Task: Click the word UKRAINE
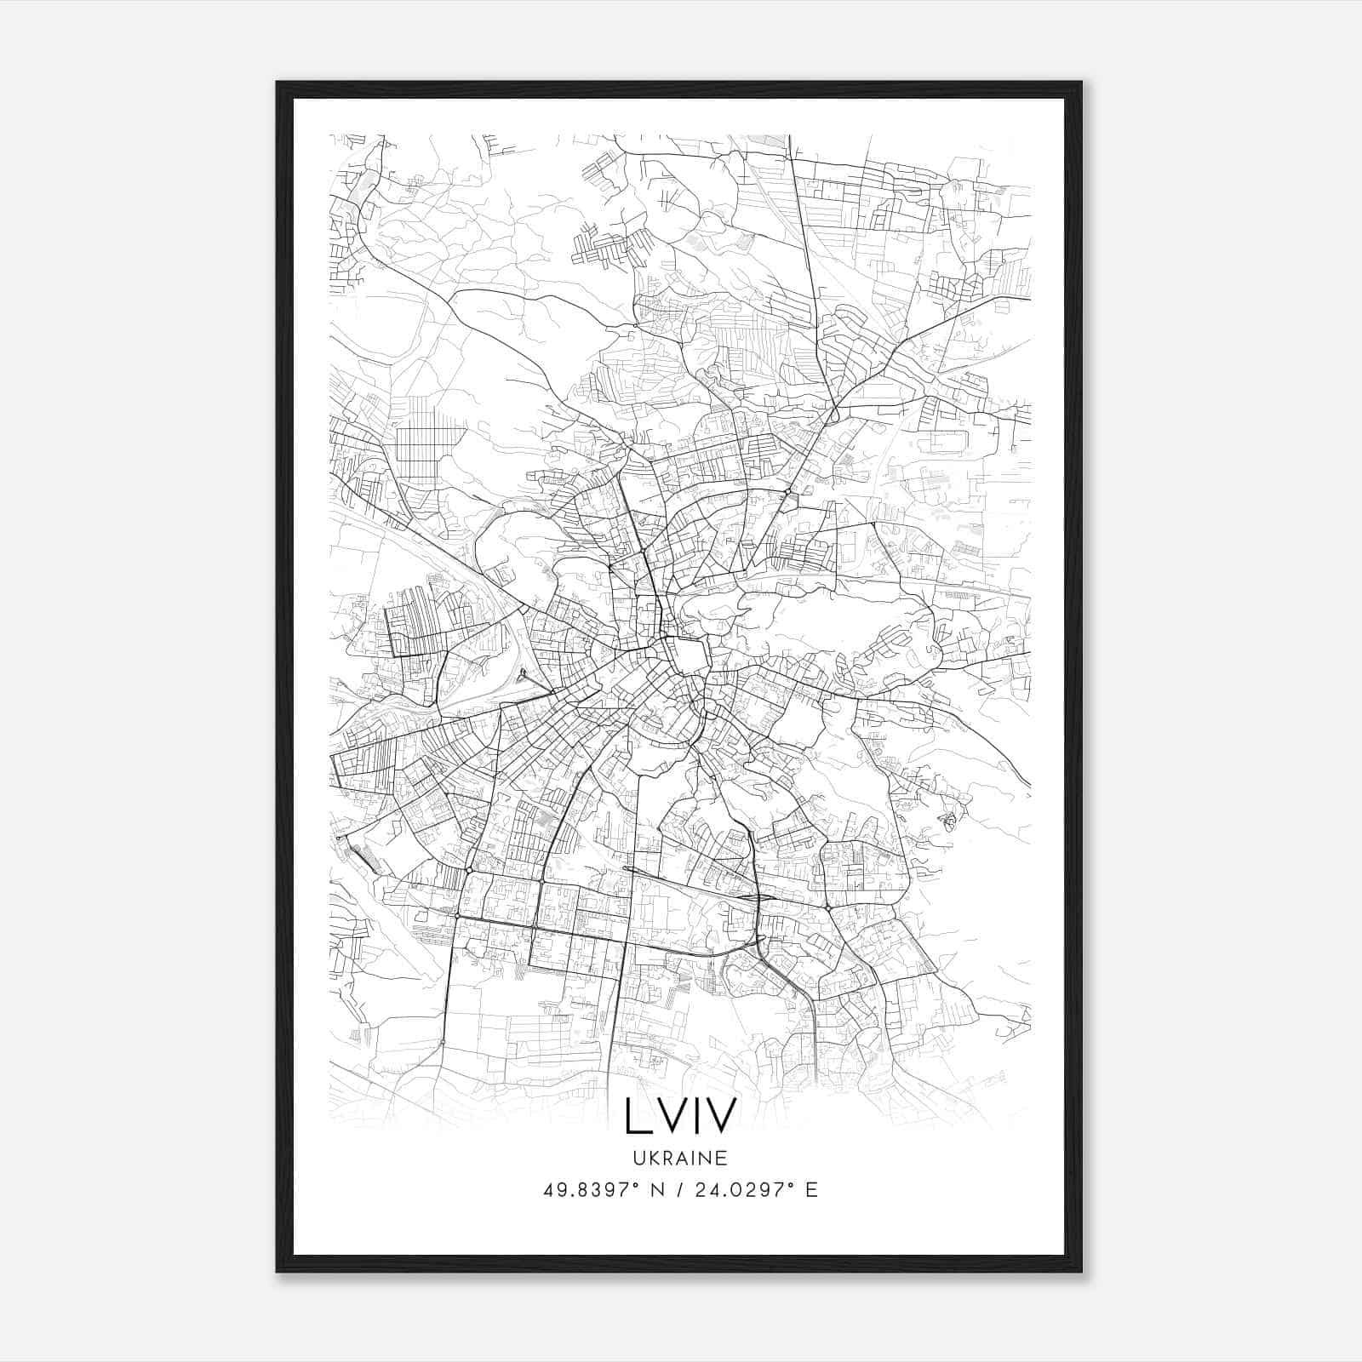point(679,1158)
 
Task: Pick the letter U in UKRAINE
point(638,1158)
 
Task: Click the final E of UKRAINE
point(722,1158)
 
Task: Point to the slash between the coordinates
point(678,1190)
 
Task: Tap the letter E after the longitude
point(811,1190)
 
